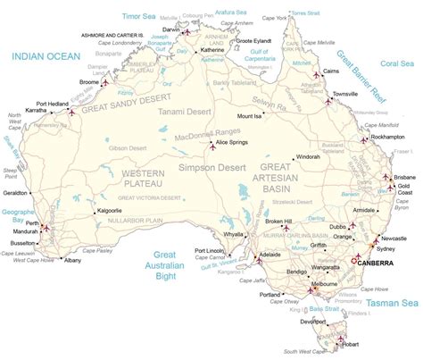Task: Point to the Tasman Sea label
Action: click(x=390, y=304)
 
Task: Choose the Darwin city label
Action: click(x=170, y=29)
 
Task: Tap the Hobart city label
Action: click(x=351, y=344)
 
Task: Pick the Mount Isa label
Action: click(x=250, y=116)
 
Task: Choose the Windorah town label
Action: click(x=308, y=156)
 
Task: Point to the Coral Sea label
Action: click(x=397, y=63)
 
